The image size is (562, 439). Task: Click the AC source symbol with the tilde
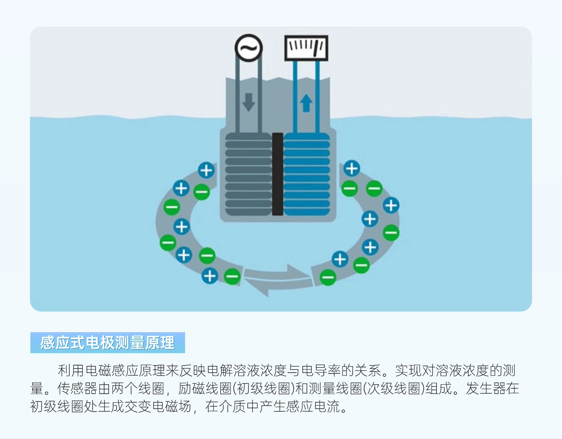coord(248,48)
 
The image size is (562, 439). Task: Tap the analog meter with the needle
coord(306,48)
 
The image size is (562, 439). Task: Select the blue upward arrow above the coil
coord(306,103)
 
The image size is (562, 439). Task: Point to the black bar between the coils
coord(278,174)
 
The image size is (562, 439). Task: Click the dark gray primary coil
coord(248,174)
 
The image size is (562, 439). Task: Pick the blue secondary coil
coord(307,174)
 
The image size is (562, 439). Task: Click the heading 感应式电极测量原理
coord(107,343)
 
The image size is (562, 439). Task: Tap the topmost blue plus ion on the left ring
coord(206,171)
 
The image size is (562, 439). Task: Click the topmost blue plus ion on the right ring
coord(352,169)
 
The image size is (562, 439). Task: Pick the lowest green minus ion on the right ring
coord(328,277)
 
